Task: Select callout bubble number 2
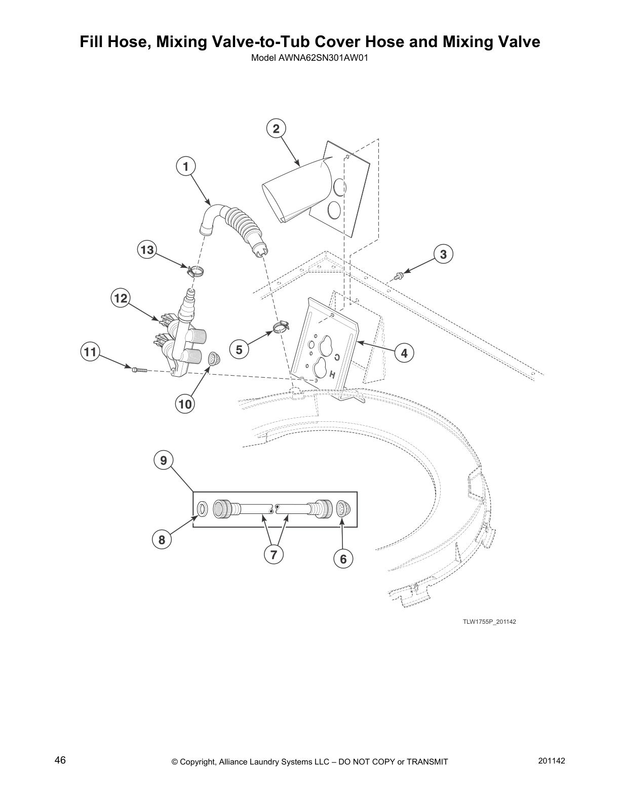(276, 129)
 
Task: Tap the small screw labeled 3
(398, 275)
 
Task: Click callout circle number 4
(404, 353)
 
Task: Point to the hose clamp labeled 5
(282, 327)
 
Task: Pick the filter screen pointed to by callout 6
(343, 509)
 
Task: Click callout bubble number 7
(273, 554)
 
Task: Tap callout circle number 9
(163, 460)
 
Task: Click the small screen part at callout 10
(214, 359)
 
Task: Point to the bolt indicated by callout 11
(139, 370)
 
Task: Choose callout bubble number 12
(121, 298)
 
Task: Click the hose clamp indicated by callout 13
(195, 271)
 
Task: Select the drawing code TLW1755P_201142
(489, 621)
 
